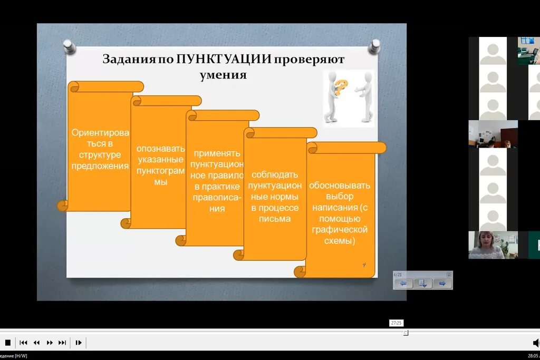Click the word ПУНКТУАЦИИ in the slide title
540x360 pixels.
pos(224,59)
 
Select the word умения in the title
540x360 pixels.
pos(223,74)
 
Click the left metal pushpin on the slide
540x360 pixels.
pos(69,46)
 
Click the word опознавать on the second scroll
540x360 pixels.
pos(161,148)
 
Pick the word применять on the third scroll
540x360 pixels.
pos(217,153)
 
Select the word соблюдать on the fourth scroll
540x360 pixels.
pos(275,174)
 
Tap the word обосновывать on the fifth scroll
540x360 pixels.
pos(340,186)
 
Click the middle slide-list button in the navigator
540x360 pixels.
pos(422,284)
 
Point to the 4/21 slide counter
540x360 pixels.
pos(398,275)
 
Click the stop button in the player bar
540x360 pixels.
pos(8,343)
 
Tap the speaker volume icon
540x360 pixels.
pos(536,343)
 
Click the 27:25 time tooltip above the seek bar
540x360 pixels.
pos(396,323)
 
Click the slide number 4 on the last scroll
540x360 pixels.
pos(364,265)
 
